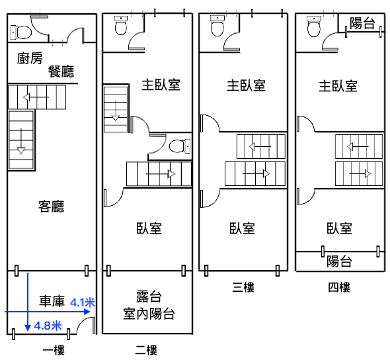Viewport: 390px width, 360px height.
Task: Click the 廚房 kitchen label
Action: [x=30, y=58]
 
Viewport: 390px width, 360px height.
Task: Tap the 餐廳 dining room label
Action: [x=61, y=71]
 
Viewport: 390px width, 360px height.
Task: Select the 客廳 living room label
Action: [x=52, y=206]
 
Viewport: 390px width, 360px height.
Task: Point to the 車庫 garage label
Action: [x=52, y=300]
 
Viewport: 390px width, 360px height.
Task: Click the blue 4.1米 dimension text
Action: [x=83, y=302]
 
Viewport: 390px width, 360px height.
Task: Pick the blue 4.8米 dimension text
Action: [x=48, y=326]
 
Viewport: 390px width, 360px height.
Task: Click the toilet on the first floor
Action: [x=21, y=32]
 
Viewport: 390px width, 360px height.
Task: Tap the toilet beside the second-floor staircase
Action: [x=180, y=146]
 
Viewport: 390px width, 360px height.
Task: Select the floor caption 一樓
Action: [x=54, y=351]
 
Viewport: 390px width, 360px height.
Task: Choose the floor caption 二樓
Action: [x=146, y=350]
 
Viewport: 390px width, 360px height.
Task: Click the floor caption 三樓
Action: [x=243, y=287]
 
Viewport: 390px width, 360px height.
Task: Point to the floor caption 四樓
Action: [x=339, y=287]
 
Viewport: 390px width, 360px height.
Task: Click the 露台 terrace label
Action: [x=149, y=296]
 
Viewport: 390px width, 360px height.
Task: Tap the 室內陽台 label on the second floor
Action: [x=149, y=314]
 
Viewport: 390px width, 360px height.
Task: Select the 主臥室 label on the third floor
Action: [x=246, y=85]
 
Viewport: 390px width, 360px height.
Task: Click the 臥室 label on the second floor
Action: [x=149, y=228]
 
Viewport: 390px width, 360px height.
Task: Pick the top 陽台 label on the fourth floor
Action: [x=362, y=23]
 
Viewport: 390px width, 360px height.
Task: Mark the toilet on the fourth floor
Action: [x=313, y=26]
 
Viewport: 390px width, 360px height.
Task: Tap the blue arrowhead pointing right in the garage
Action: [x=87, y=312]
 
